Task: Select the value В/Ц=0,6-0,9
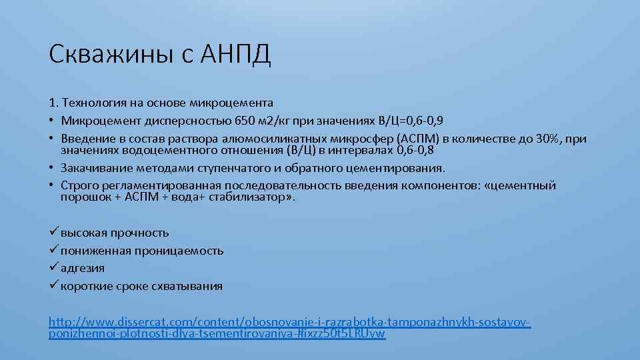[409, 121]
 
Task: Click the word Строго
[78, 185]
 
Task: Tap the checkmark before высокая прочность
[54, 233]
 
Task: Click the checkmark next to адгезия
[54, 268]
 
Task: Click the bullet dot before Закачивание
[52, 168]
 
